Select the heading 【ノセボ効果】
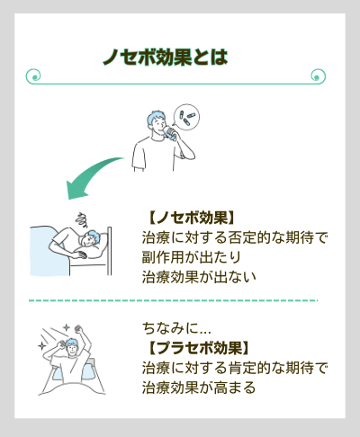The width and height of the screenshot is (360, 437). (x=190, y=218)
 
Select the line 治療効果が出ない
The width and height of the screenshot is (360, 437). (x=199, y=278)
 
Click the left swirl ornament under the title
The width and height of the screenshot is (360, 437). (x=34, y=76)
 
